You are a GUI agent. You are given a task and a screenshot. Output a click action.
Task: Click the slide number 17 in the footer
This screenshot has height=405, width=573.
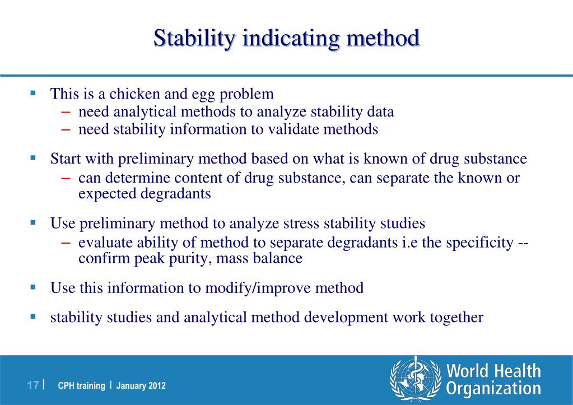tap(33, 385)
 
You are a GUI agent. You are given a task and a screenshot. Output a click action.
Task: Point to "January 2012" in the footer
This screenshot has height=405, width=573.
tap(141, 386)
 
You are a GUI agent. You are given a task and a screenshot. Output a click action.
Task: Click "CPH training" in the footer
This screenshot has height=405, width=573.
tap(82, 386)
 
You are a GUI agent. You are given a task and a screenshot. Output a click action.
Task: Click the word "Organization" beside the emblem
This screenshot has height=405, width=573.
tap(493, 388)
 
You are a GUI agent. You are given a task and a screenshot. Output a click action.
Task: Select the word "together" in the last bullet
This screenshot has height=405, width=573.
tap(456, 317)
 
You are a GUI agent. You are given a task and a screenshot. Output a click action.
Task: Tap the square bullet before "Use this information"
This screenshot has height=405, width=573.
tap(33, 287)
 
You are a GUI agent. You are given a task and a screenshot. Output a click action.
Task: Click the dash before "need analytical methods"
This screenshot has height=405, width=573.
tap(66, 111)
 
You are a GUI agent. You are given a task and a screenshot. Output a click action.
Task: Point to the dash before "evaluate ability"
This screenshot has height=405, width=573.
tap(66, 243)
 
